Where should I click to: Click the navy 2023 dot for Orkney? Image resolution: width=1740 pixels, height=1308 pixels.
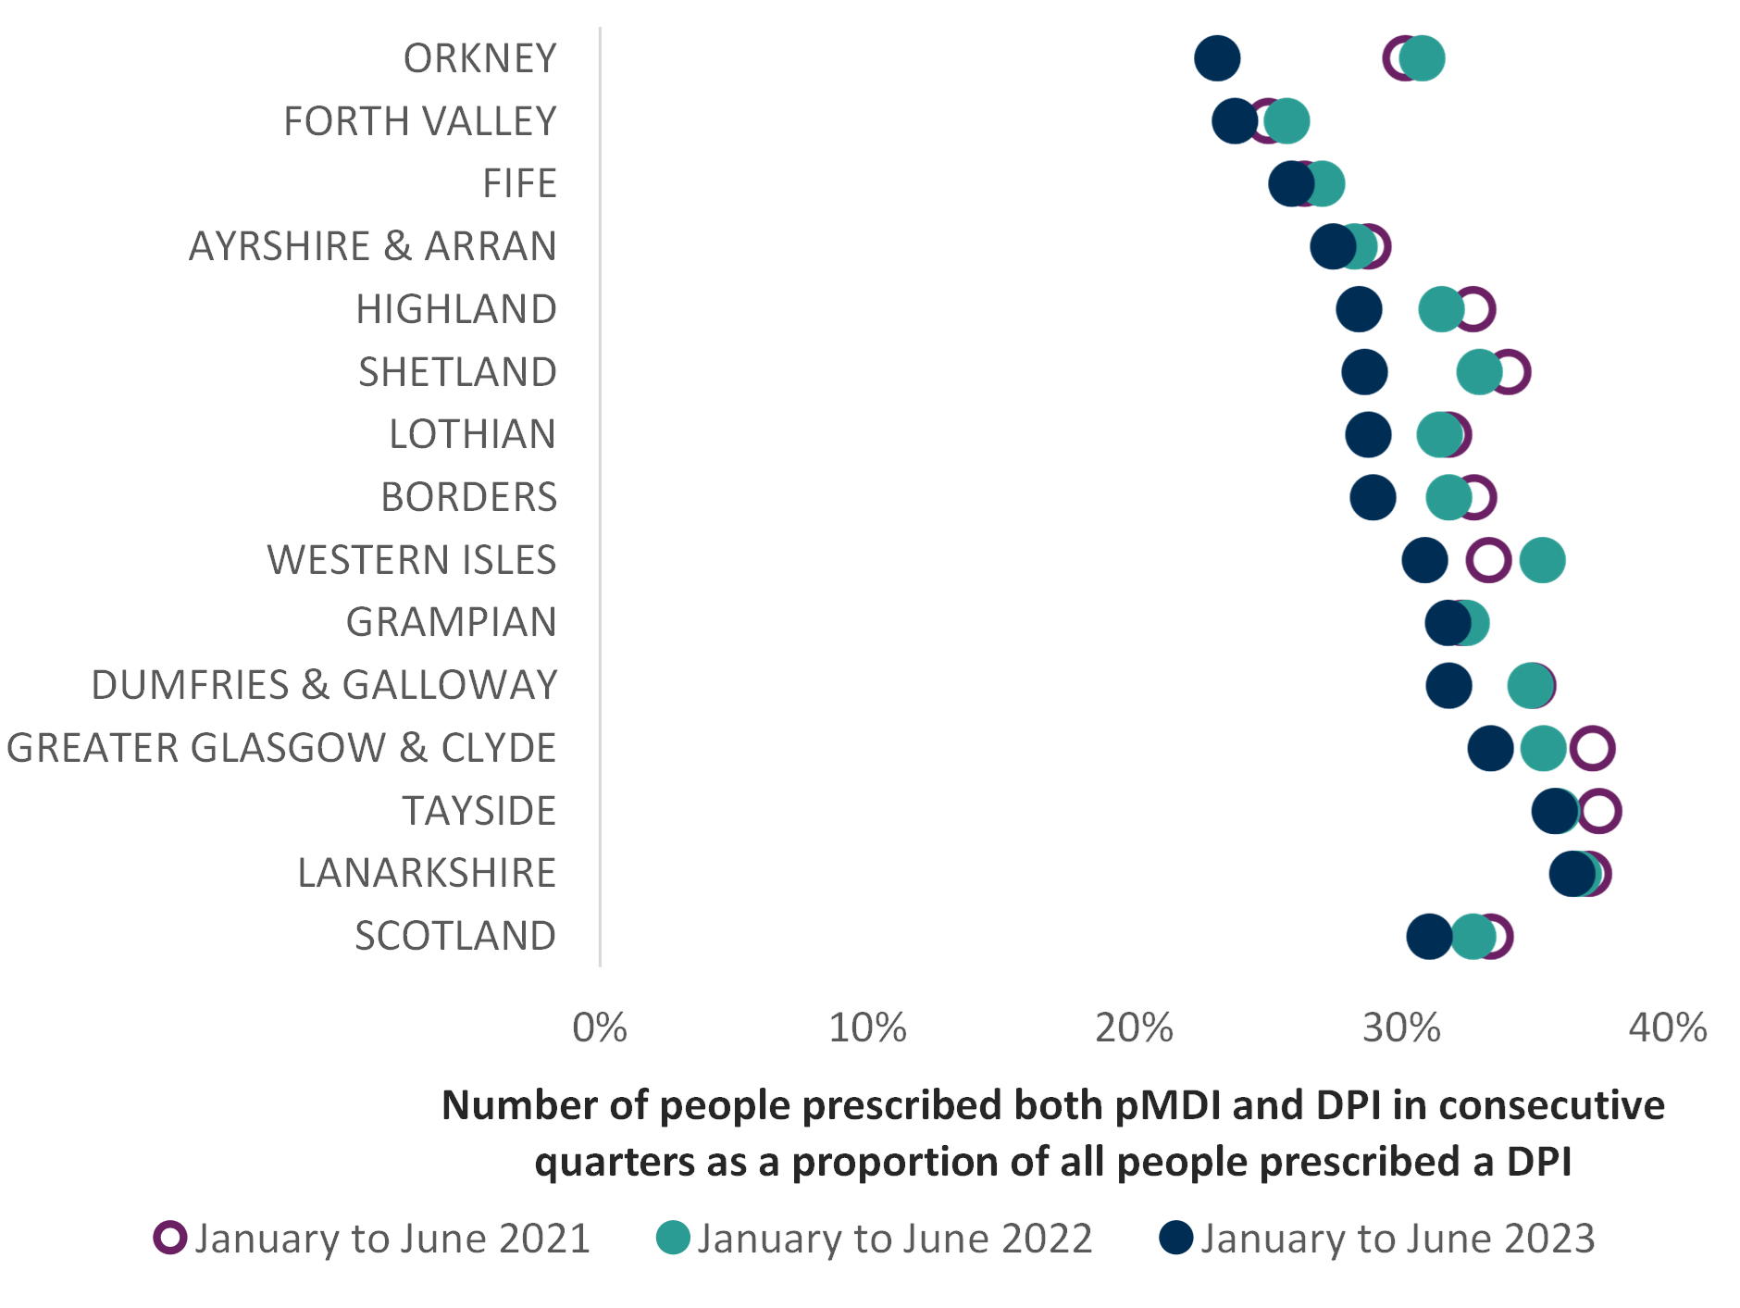(x=1217, y=58)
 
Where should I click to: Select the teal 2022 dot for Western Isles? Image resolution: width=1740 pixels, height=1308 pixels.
(x=1543, y=561)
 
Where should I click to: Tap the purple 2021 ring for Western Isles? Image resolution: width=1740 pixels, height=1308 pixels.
(x=1488, y=561)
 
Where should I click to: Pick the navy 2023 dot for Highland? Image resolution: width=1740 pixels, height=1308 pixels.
(x=1359, y=309)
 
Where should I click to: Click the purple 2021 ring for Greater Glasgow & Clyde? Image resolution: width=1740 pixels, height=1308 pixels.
(x=1593, y=748)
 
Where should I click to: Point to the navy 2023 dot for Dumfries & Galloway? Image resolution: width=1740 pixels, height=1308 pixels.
(x=1448, y=686)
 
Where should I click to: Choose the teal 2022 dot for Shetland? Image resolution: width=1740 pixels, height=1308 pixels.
(x=1479, y=372)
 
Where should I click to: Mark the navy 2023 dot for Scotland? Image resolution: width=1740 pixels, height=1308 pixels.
(x=1429, y=936)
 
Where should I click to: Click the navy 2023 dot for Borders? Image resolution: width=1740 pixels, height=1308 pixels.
(x=1373, y=498)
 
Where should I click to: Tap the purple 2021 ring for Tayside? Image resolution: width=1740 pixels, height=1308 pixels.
(x=1599, y=811)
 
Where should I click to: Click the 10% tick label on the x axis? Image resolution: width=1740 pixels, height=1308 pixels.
(x=867, y=1028)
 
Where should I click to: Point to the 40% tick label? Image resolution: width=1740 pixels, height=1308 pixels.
(x=1668, y=1028)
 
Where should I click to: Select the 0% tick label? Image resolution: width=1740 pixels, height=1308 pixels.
(x=600, y=1028)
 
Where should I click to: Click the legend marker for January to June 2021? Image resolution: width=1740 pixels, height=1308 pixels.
(x=170, y=1238)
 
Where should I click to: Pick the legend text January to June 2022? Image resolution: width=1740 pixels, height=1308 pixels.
(x=895, y=1239)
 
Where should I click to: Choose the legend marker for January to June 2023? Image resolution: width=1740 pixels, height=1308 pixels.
(x=1176, y=1238)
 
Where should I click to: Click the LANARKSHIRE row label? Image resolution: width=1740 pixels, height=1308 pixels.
(x=427, y=873)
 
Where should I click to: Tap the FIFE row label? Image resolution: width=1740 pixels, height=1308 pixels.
(x=520, y=183)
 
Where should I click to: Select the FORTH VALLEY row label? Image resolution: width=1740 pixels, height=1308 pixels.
(x=420, y=121)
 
